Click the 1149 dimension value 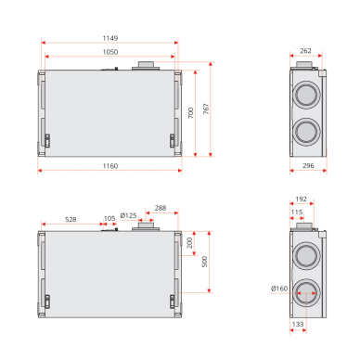point(110,38)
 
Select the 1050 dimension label point(110,52)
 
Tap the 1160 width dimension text point(110,166)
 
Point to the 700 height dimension point(191,113)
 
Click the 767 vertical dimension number point(206,109)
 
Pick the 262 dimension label point(305,51)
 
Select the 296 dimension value point(308,165)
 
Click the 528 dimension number point(71,219)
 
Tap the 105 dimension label point(109,218)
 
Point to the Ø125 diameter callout point(128,215)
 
